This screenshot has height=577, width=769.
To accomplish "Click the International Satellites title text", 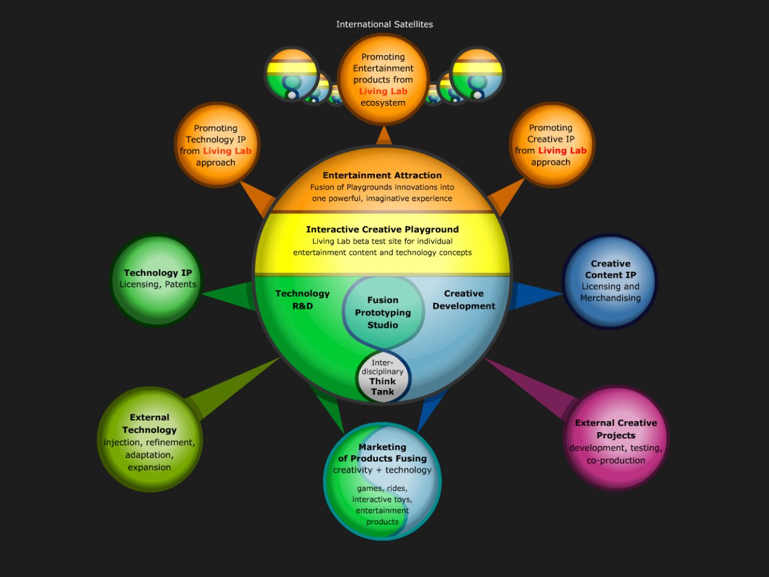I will point(384,24).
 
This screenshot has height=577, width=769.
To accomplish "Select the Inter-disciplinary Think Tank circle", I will point(383,377).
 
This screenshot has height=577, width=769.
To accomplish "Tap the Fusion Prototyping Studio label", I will point(383,313).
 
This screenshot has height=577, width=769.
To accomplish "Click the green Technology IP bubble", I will point(157,280).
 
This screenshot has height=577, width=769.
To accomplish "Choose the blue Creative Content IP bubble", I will point(610,281).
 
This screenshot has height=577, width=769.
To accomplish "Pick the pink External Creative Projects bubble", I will point(616,439).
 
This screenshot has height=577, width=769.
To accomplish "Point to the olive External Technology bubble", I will point(150,440).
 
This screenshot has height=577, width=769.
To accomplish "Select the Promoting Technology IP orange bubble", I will point(216,145).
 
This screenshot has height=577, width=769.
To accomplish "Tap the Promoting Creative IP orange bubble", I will point(551,145).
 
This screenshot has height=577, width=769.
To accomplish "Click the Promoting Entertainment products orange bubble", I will point(383,79).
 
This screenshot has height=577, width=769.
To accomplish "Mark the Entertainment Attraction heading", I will point(382,176).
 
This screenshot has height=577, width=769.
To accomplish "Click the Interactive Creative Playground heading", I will point(382,229).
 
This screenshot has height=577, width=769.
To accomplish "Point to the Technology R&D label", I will point(302,299).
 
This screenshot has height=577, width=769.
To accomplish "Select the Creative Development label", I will point(464,299).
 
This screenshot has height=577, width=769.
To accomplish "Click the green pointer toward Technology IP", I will point(231,295).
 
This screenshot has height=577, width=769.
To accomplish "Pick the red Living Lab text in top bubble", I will point(383,91).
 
